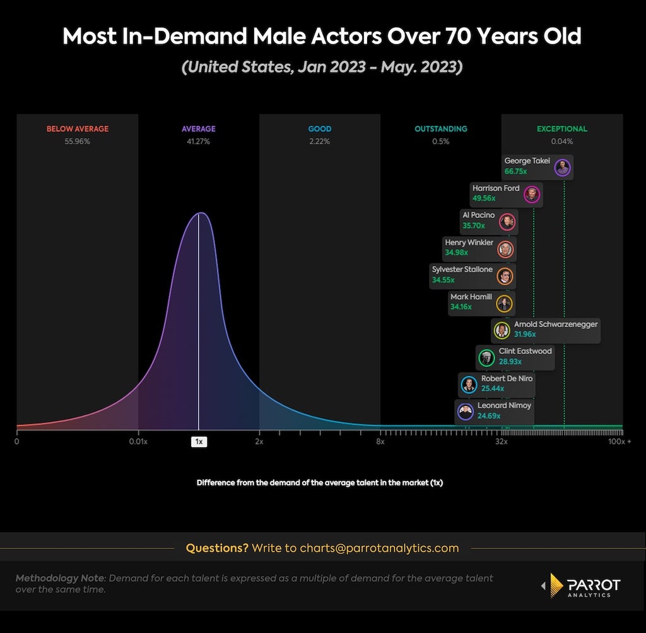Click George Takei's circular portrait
click(562, 168)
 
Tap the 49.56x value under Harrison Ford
click(484, 198)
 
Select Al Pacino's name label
click(478, 215)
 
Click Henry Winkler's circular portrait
click(505, 249)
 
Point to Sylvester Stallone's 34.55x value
click(443, 280)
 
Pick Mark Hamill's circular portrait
click(504, 304)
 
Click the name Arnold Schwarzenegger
click(556, 324)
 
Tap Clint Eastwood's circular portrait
click(486, 358)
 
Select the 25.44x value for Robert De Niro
click(493, 388)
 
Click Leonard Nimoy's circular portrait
click(466, 412)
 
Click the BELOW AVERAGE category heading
click(78, 129)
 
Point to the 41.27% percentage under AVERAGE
click(198, 141)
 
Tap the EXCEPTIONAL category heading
click(562, 129)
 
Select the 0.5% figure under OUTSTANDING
click(441, 141)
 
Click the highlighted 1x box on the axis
click(199, 441)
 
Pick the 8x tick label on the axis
click(380, 441)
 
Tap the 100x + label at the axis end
click(620, 441)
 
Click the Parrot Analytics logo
click(581, 585)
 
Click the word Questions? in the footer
click(217, 548)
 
